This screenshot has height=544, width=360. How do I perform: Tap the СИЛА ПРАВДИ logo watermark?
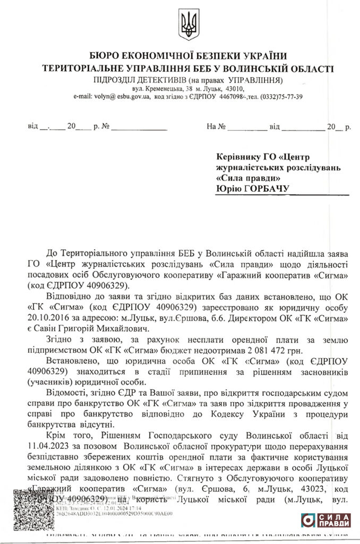pyautogui.click(x=326, y=521)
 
